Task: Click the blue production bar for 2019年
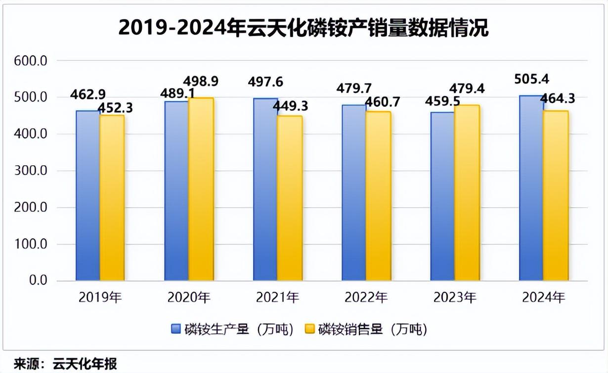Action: click(x=88, y=195)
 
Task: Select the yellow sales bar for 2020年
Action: click(x=201, y=189)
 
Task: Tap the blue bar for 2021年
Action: click(x=265, y=189)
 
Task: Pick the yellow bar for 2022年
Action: click(x=378, y=196)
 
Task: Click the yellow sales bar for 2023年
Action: click(x=467, y=192)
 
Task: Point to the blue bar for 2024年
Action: click(x=531, y=188)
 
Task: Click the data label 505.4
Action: click(x=531, y=79)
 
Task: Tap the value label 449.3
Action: click(x=289, y=106)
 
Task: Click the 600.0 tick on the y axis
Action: click(x=30, y=61)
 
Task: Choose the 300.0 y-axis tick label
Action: click(x=30, y=171)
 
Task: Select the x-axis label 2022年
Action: click(x=366, y=298)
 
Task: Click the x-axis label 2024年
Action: click(x=544, y=298)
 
